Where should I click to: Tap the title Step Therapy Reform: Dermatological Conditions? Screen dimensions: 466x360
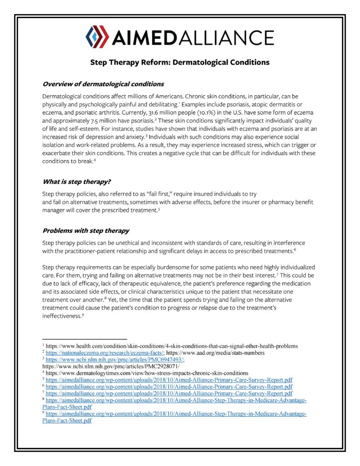point(180,62)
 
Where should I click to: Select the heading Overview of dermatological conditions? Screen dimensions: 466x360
point(103,84)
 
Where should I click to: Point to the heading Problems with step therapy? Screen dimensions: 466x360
point(86,230)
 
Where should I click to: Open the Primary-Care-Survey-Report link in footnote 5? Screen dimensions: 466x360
point(169,379)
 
